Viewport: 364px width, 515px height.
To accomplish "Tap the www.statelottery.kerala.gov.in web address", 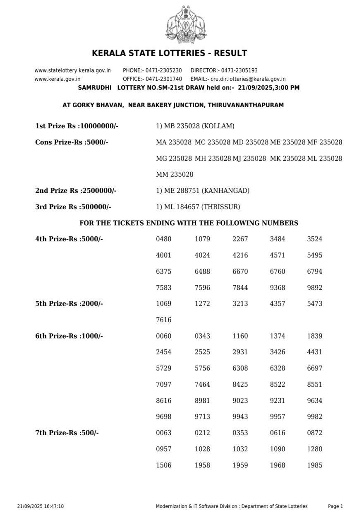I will coord(72,71).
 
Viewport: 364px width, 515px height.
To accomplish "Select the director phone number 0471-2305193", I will coord(239,71).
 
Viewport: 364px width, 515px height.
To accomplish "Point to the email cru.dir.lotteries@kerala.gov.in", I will coord(252,79).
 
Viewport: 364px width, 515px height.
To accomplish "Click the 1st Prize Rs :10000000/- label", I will coord(77,126).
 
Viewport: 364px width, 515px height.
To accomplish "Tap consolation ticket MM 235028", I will coord(175,174).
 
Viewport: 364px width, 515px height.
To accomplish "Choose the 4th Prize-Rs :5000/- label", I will coord(69,239).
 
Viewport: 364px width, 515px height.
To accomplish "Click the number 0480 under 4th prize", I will coord(163,239).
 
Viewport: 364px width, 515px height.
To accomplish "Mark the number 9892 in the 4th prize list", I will coord(314,288).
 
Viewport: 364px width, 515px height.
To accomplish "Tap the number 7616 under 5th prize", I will coord(163,320).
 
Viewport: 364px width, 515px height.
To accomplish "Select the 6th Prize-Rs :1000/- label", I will coord(69,336).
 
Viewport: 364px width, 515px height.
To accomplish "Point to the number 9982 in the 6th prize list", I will coord(314,417).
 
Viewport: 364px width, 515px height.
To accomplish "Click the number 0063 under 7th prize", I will coord(163,433).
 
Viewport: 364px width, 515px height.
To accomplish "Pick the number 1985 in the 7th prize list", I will coord(314,465).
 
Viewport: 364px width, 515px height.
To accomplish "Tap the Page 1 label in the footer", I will coord(335,506).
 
